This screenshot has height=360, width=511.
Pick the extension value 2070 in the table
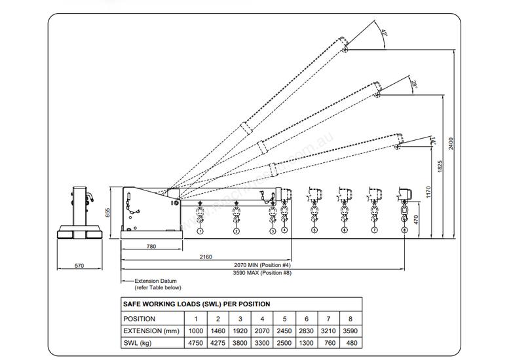(262, 331)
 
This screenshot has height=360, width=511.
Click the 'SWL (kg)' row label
(138, 343)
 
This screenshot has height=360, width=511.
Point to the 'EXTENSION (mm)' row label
(151, 331)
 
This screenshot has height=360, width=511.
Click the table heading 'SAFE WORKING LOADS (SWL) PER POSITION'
(197, 304)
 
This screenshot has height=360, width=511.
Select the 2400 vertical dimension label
(451, 143)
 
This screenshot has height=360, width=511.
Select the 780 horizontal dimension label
(152, 247)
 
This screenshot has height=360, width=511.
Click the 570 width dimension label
(79, 266)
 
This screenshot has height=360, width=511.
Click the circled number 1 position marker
(200, 230)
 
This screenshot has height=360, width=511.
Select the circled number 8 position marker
(405, 230)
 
